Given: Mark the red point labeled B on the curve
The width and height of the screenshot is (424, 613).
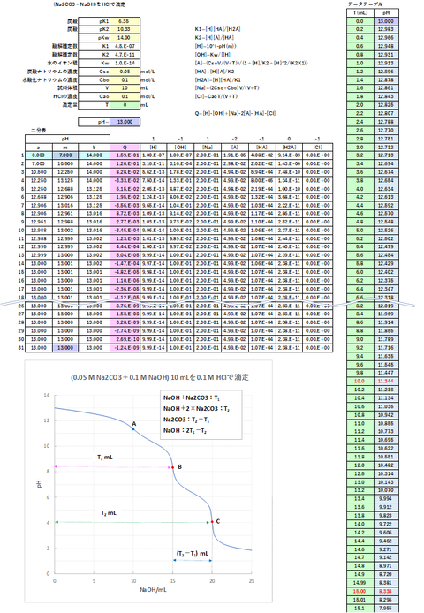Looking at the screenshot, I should tap(173, 466).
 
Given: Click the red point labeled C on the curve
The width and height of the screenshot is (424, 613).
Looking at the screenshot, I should tap(212, 522).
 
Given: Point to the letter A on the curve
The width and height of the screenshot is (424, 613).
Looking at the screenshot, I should tap(134, 423).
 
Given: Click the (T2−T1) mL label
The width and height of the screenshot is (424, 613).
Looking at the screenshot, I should tap(192, 554).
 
